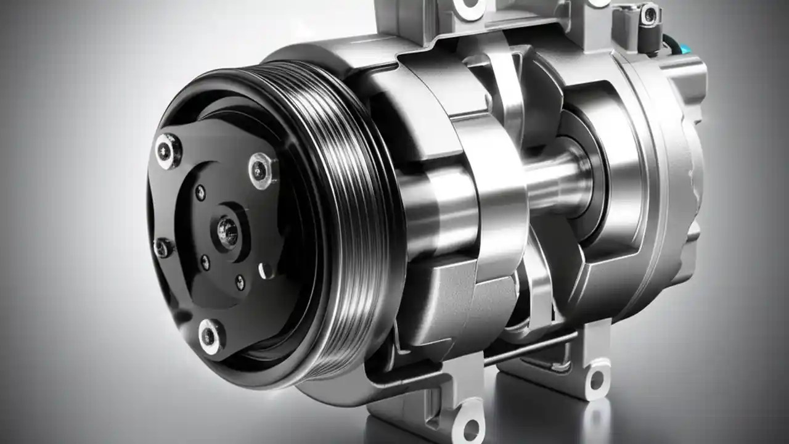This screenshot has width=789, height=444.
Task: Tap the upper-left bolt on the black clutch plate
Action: coord(167,150)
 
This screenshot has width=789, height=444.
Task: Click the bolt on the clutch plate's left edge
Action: coord(162,247)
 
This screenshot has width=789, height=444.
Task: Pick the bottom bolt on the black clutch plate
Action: coord(210,335)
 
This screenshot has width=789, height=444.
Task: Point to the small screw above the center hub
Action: coord(201,192)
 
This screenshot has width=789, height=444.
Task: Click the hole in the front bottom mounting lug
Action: coord(470,429)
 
